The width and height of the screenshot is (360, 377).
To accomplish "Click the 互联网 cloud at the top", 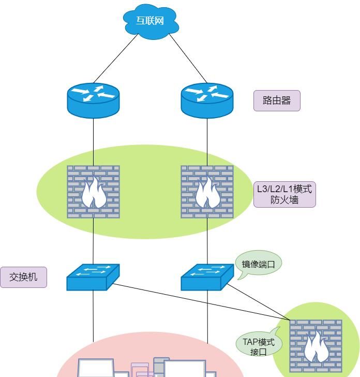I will pyautogui.click(x=151, y=20).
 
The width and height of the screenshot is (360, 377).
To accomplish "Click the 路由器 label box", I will pyautogui.click(x=277, y=100).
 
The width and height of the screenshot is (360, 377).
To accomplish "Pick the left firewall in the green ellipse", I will pyautogui.click(x=93, y=192).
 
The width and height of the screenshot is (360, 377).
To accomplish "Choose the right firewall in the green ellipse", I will pyautogui.click(x=207, y=192).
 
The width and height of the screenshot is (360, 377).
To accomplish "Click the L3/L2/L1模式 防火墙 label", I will pyautogui.click(x=284, y=194).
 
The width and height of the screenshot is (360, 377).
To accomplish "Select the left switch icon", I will pyautogui.click(x=93, y=278).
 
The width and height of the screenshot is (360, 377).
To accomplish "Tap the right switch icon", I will pyautogui.click(x=207, y=278).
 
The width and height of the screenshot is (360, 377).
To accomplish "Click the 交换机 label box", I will pyautogui.click(x=23, y=278).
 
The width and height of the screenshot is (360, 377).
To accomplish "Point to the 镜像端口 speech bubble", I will pyautogui.click(x=258, y=264).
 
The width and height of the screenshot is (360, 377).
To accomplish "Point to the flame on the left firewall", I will pyautogui.click(x=94, y=194).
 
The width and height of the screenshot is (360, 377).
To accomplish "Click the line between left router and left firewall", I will pyautogui.click(x=93, y=142).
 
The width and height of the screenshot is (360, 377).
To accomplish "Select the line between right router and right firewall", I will pyautogui.click(x=207, y=142).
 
